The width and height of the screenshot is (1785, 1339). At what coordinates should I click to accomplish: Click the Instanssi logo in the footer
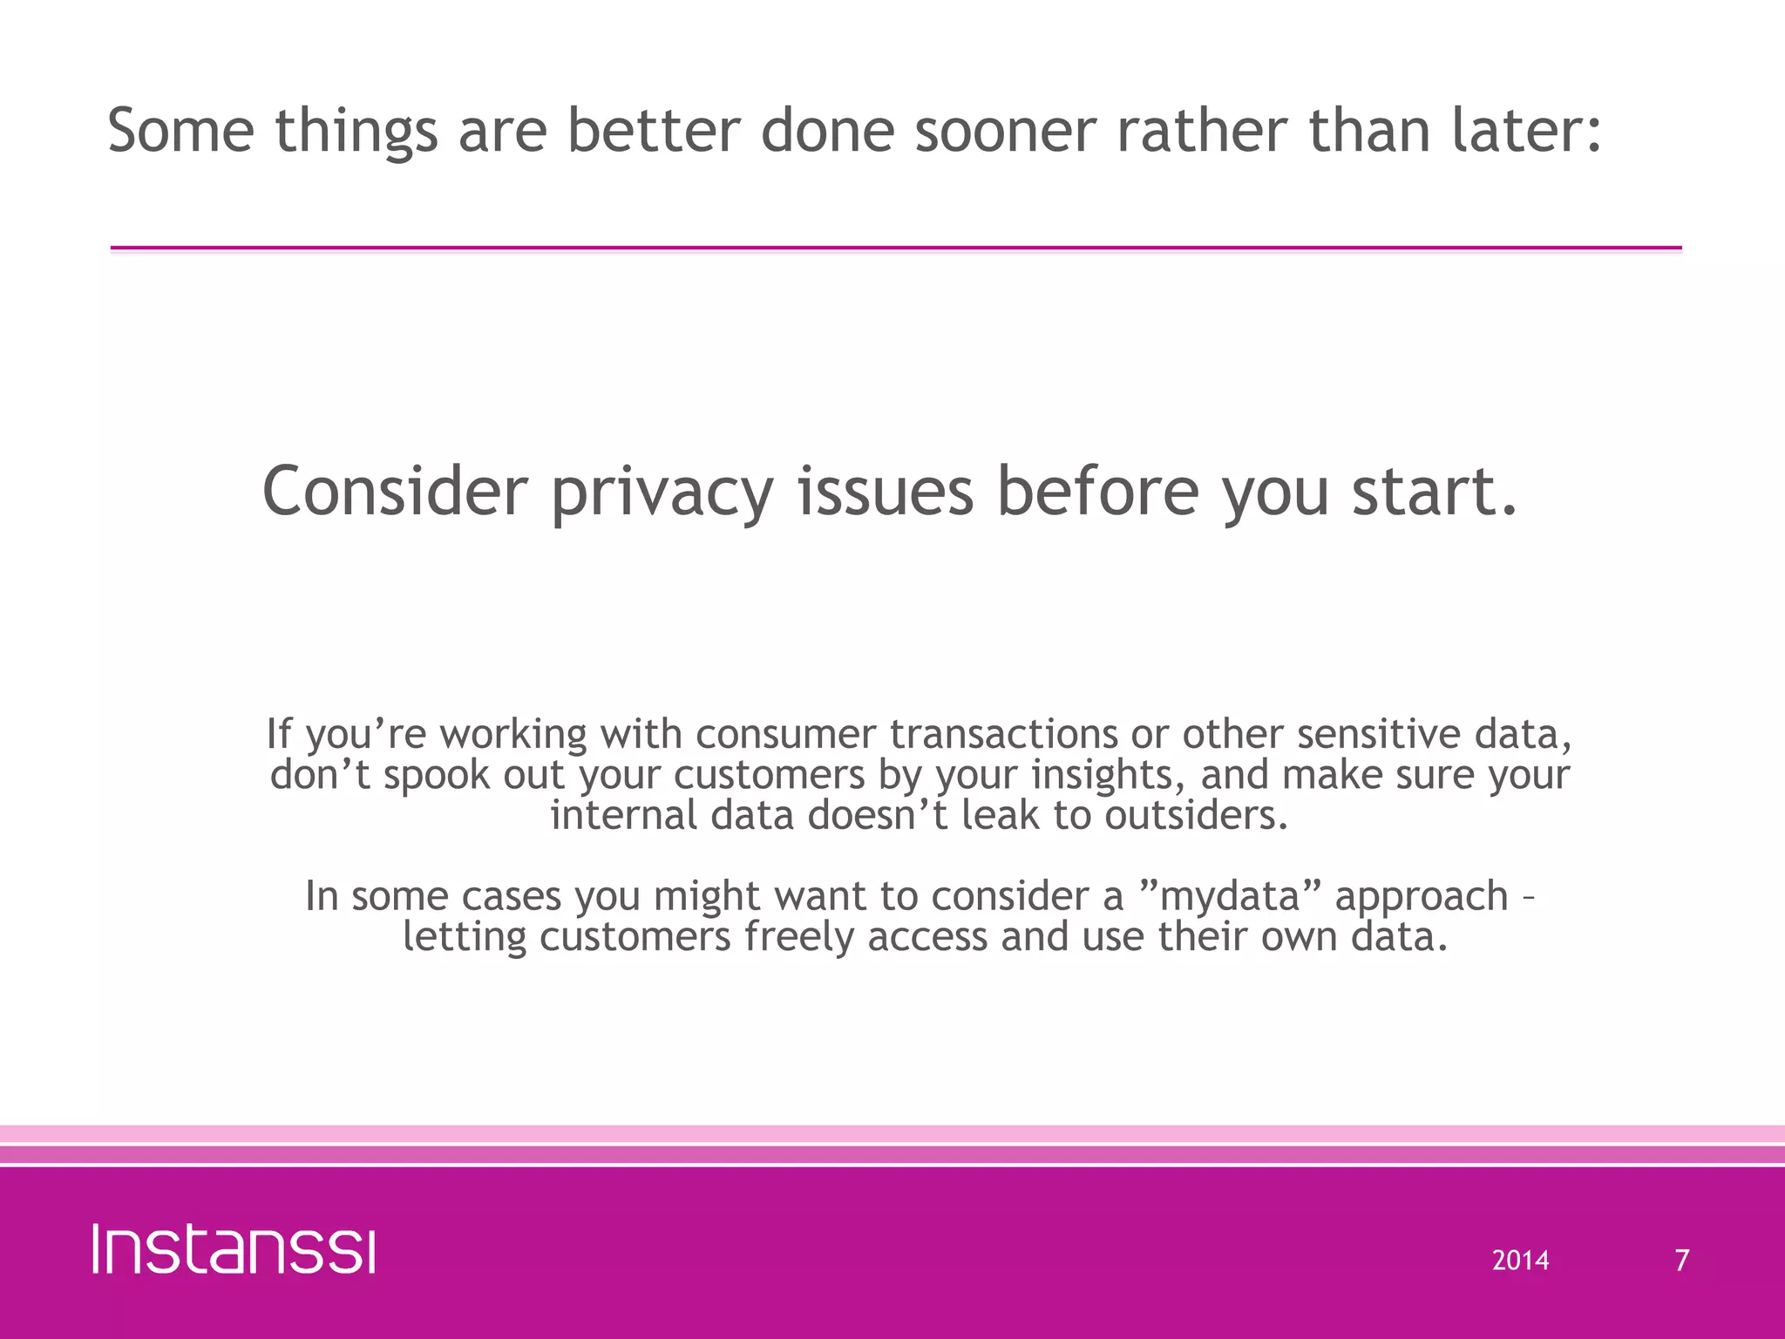click(234, 1249)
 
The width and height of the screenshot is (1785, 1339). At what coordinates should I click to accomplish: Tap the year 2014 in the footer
click(1520, 1261)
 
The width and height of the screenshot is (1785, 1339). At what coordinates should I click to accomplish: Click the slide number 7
click(1682, 1261)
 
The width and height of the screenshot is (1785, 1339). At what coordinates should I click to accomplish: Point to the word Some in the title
click(180, 131)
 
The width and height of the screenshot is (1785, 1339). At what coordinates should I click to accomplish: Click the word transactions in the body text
click(1003, 734)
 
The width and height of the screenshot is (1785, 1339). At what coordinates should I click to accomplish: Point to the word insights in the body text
click(1107, 776)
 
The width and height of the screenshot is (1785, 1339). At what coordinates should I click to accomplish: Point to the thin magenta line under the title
click(896, 248)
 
